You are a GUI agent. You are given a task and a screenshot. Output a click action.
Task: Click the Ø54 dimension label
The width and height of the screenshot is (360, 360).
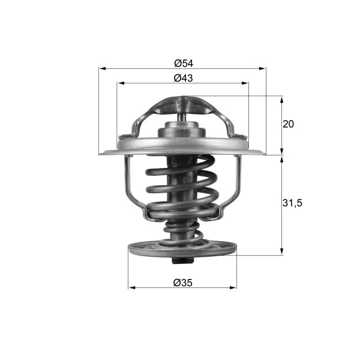(x=182, y=62)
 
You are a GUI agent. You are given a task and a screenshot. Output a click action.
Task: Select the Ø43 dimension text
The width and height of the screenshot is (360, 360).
(x=182, y=78)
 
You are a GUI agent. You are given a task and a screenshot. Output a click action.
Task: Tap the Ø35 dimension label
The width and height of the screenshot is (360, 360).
(x=182, y=282)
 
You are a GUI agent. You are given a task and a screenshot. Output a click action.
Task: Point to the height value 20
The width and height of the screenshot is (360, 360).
(x=288, y=124)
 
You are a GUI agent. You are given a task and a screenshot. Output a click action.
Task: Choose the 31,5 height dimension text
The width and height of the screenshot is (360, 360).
(x=292, y=203)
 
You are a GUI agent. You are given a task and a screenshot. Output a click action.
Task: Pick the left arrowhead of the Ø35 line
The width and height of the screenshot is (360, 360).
(x=132, y=288)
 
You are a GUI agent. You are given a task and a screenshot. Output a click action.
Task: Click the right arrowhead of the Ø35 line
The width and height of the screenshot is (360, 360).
(x=233, y=288)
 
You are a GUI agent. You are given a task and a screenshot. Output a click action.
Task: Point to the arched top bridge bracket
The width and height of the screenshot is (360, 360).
(x=182, y=102)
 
